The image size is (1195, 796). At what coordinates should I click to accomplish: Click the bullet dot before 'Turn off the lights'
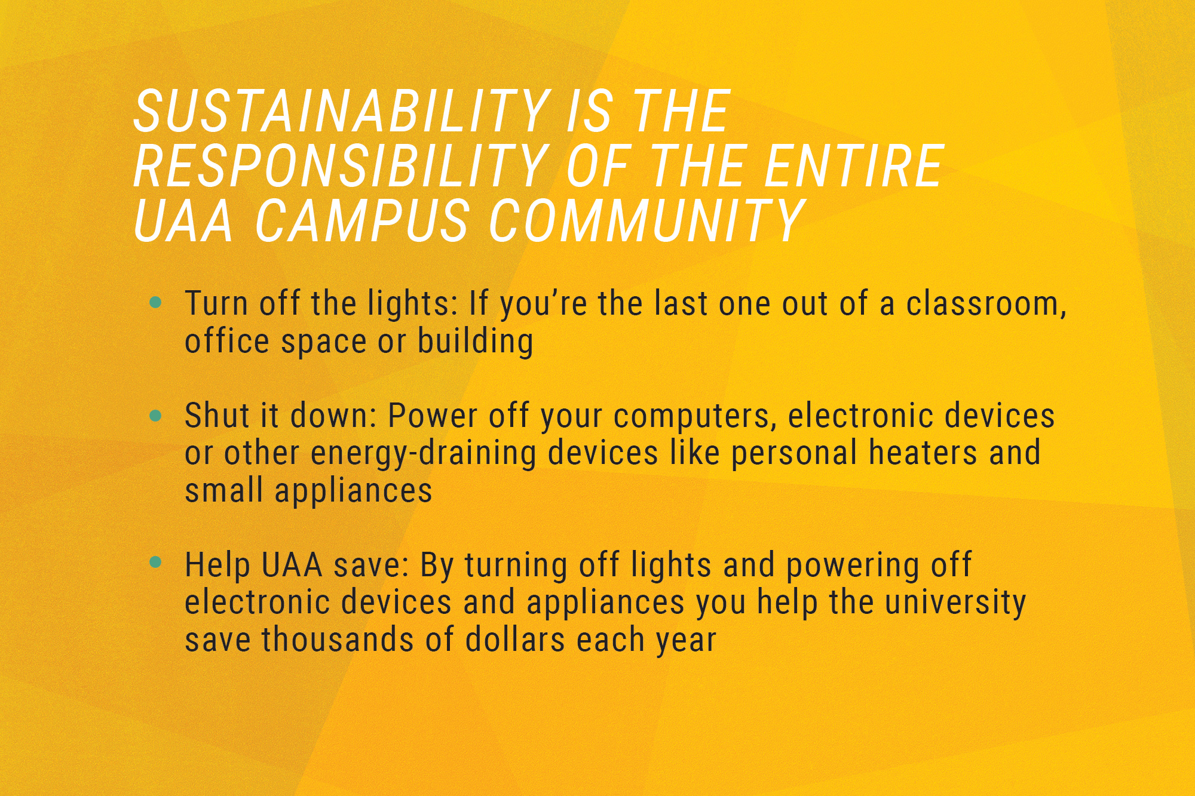point(156,303)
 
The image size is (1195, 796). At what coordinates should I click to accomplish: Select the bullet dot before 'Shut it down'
point(156,416)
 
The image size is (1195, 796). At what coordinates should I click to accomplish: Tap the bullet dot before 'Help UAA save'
point(156,563)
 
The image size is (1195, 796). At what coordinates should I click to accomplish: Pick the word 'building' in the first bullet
point(475,342)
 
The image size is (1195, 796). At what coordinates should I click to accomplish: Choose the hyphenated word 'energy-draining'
point(424,454)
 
